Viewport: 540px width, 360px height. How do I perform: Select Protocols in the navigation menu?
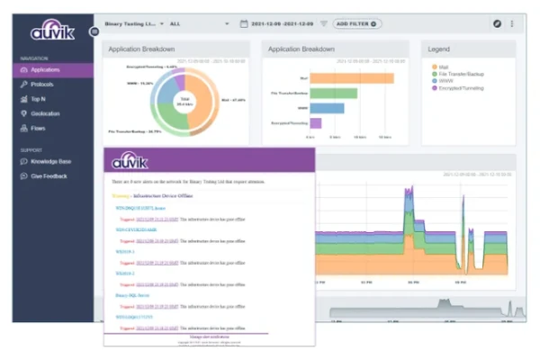pos(41,84)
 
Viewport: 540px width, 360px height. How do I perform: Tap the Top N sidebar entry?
pos(38,99)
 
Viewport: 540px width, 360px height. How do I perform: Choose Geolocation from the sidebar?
pos(45,113)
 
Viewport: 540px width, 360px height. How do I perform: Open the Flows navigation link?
pos(38,128)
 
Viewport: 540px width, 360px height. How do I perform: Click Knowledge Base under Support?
pos(50,161)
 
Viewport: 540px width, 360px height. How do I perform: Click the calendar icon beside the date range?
pos(244,23)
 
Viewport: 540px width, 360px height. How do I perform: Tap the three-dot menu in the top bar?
pos(512,23)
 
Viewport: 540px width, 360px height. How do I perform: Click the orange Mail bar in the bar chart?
pos(352,77)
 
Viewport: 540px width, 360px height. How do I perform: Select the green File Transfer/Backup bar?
pos(334,93)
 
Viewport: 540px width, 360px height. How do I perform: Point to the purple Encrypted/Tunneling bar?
pos(316,122)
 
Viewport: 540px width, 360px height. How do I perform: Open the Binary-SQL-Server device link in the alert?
pos(133,294)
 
